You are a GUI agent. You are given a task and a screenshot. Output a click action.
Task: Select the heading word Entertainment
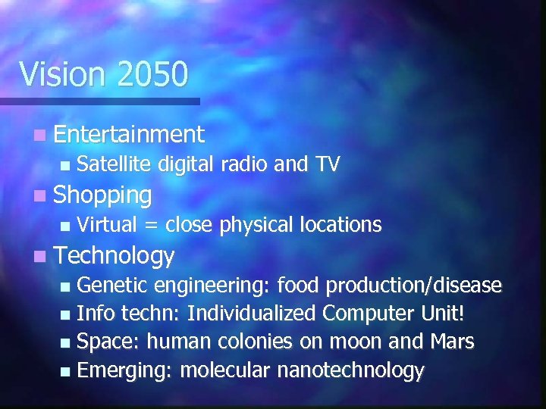[129, 135]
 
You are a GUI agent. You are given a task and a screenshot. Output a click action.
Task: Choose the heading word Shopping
[103, 195]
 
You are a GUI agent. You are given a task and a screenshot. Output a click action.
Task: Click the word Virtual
[107, 225]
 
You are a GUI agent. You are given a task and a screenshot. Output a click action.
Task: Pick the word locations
[340, 225]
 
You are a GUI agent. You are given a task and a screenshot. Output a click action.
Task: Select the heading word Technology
[115, 256]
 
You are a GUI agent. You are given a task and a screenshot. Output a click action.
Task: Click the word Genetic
[115, 286]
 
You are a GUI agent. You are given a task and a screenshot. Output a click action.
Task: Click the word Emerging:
[126, 371]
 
